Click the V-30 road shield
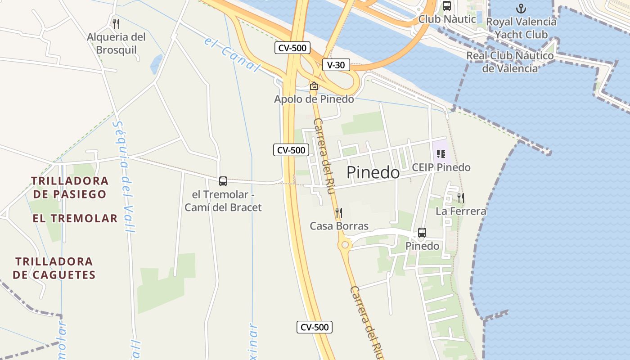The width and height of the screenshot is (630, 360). [x=336, y=65]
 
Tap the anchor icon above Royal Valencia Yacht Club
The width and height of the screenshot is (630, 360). [x=521, y=9]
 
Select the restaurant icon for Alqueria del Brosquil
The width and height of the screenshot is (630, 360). [x=116, y=23]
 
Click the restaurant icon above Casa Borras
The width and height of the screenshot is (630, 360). [x=339, y=212]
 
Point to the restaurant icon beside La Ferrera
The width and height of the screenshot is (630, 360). [x=461, y=198]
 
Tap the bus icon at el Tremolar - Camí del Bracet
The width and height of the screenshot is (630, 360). [x=223, y=181]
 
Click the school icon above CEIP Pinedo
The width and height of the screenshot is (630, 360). [x=441, y=154]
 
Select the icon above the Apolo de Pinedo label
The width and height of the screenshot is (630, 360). [x=314, y=85]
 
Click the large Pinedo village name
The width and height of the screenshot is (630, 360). [x=373, y=173]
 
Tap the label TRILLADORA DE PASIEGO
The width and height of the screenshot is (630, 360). [x=70, y=188]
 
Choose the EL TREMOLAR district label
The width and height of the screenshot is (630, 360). [x=75, y=219]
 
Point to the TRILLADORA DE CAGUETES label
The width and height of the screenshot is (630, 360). [x=54, y=268]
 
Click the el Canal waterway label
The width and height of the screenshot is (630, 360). [x=232, y=55]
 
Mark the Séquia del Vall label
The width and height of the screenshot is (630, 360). [x=124, y=175]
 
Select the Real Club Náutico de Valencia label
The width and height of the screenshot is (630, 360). [x=510, y=62]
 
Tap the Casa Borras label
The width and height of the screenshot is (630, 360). [x=339, y=226]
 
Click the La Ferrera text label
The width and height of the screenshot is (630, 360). [x=461, y=211]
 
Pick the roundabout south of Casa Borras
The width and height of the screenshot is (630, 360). [x=345, y=245]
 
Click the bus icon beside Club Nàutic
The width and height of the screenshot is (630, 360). [x=447, y=6]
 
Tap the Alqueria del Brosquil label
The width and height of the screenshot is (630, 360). [x=116, y=43]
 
